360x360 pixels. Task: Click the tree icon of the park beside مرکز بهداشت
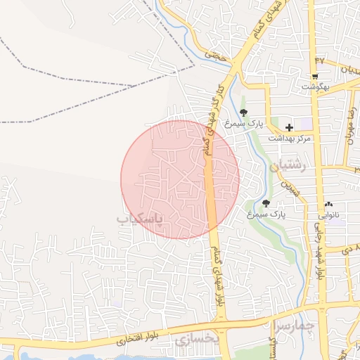click(243, 112)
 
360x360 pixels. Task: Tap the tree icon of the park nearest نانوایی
click(265, 203)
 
